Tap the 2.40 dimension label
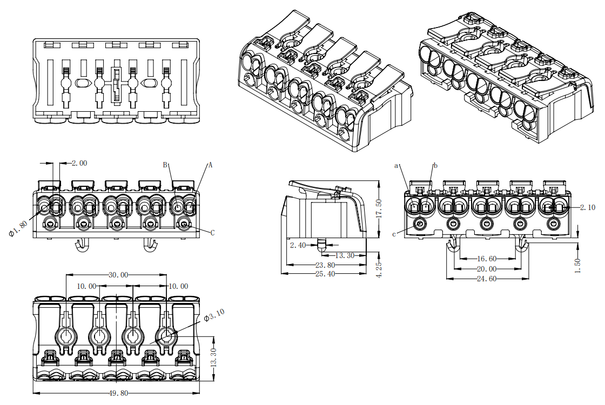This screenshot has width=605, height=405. point(298,246)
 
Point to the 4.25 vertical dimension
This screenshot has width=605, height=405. point(379,268)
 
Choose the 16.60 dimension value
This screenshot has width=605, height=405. point(486,259)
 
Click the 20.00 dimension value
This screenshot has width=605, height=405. point(486,269)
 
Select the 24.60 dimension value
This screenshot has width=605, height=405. point(486,279)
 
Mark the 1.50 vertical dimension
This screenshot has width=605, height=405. point(578,266)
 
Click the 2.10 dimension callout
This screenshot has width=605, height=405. point(588,207)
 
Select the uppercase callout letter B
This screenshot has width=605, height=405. point(166,165)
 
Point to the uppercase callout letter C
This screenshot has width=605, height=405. point(212,233)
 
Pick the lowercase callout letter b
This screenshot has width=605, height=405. point(435,165)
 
